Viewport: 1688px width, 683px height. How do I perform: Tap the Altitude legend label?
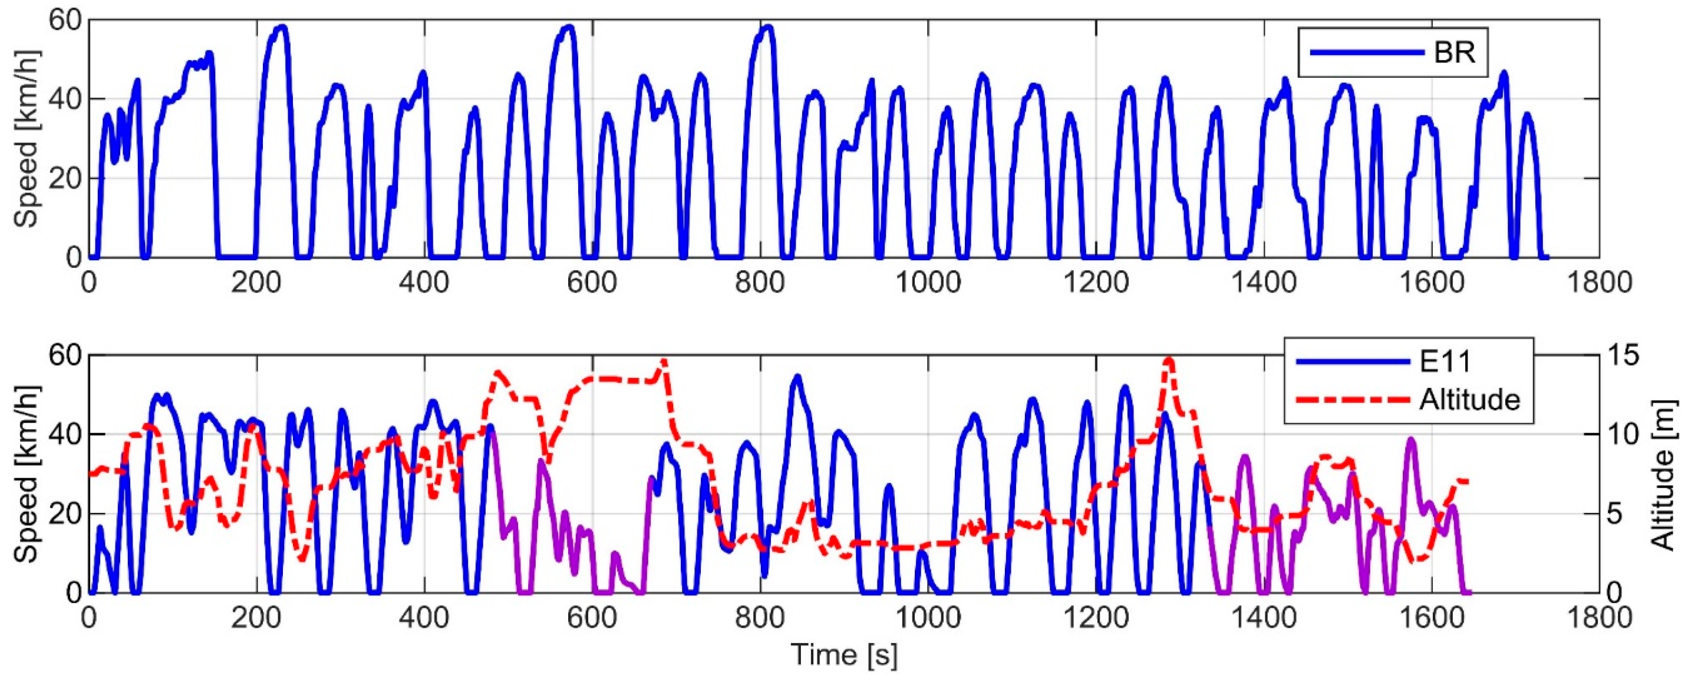coord(1469,399)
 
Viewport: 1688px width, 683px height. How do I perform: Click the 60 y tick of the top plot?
coord(64,20)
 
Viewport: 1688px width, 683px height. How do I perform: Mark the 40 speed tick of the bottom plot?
coord(64,435)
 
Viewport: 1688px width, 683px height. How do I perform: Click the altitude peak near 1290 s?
coord(1168,359)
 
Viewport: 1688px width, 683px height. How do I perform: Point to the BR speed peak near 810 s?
coord(768,27)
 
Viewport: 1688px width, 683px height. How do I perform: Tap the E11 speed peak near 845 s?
coord(797,377)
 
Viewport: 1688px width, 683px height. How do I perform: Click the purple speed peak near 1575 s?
coord(1411,439)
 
